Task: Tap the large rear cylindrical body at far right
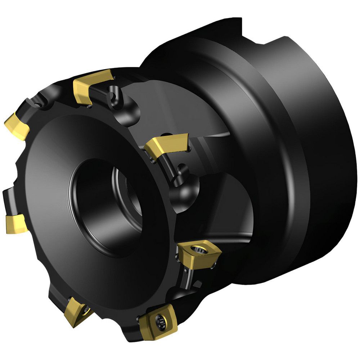(x=324, y=144)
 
